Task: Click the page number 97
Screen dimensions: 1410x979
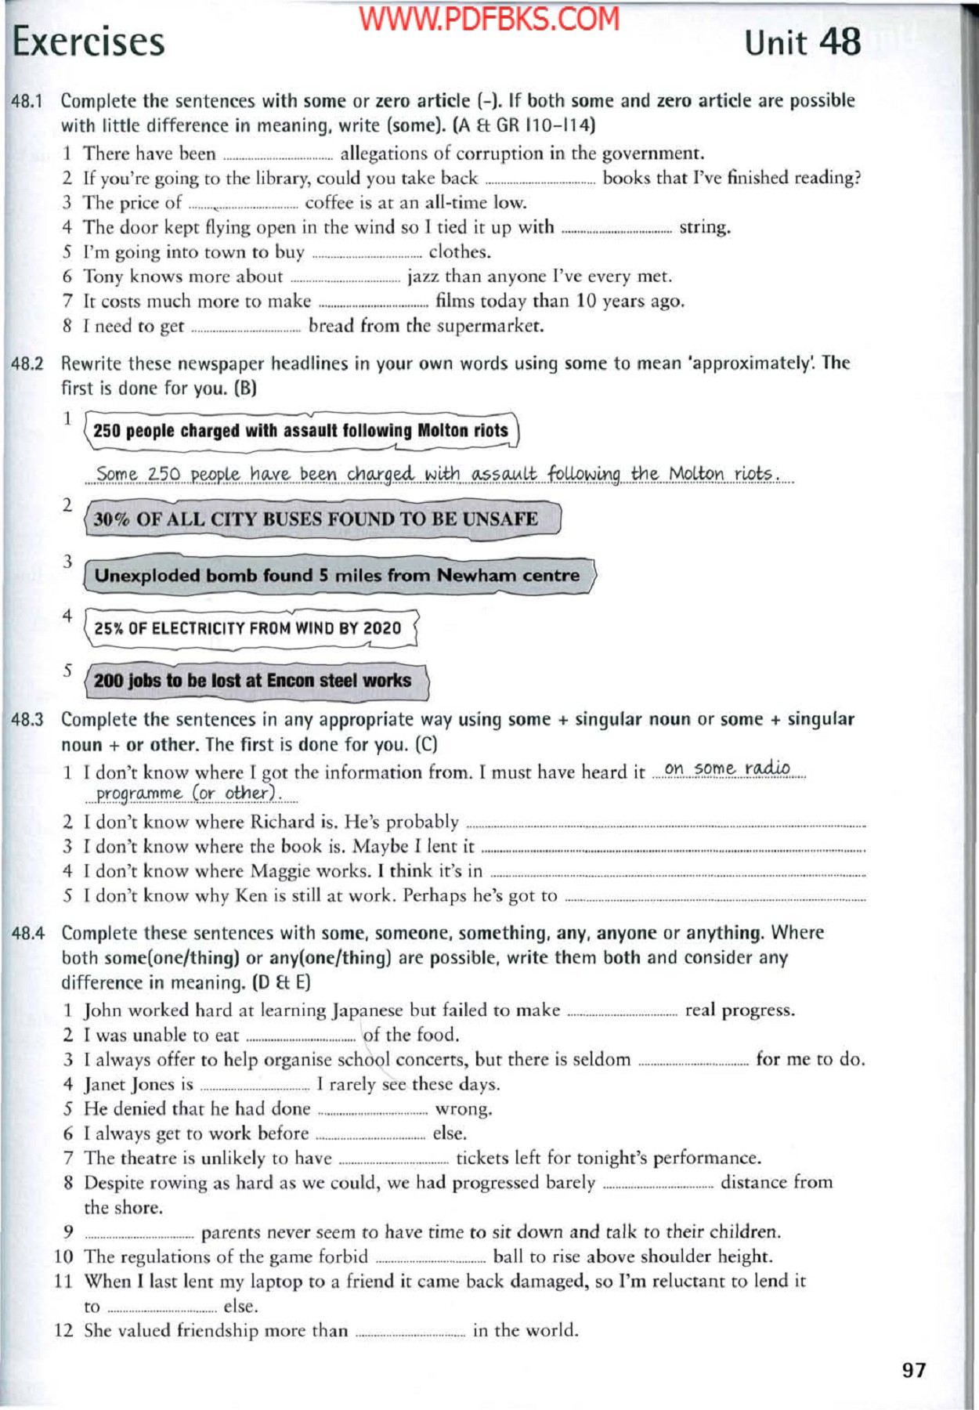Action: (x=913, y=1370)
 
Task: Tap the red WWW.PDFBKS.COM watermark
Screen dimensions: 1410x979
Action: (x=489, y=20)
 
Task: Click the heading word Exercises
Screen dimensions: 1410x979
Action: (x=89, y=42)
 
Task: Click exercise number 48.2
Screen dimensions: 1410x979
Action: (x=27, y=363)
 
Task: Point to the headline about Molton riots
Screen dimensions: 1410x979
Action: (x=301, y=431)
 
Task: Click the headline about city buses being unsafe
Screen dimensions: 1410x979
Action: (x=316, y=519)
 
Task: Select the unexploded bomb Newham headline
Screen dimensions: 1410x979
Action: (x=337, y=576)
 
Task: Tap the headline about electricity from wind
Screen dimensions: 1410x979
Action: (x=247, y=628)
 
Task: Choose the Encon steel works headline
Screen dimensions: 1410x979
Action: (x=252, y=681)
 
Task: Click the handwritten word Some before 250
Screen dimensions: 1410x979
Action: (x=117, y=475)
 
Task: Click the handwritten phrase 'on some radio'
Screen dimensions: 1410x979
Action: (x=727, y=768)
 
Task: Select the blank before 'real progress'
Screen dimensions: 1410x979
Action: (x=622, y=1012)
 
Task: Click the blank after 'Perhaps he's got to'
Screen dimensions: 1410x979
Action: (x=714, y=898)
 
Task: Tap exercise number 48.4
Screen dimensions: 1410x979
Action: (x=28, y=933)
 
